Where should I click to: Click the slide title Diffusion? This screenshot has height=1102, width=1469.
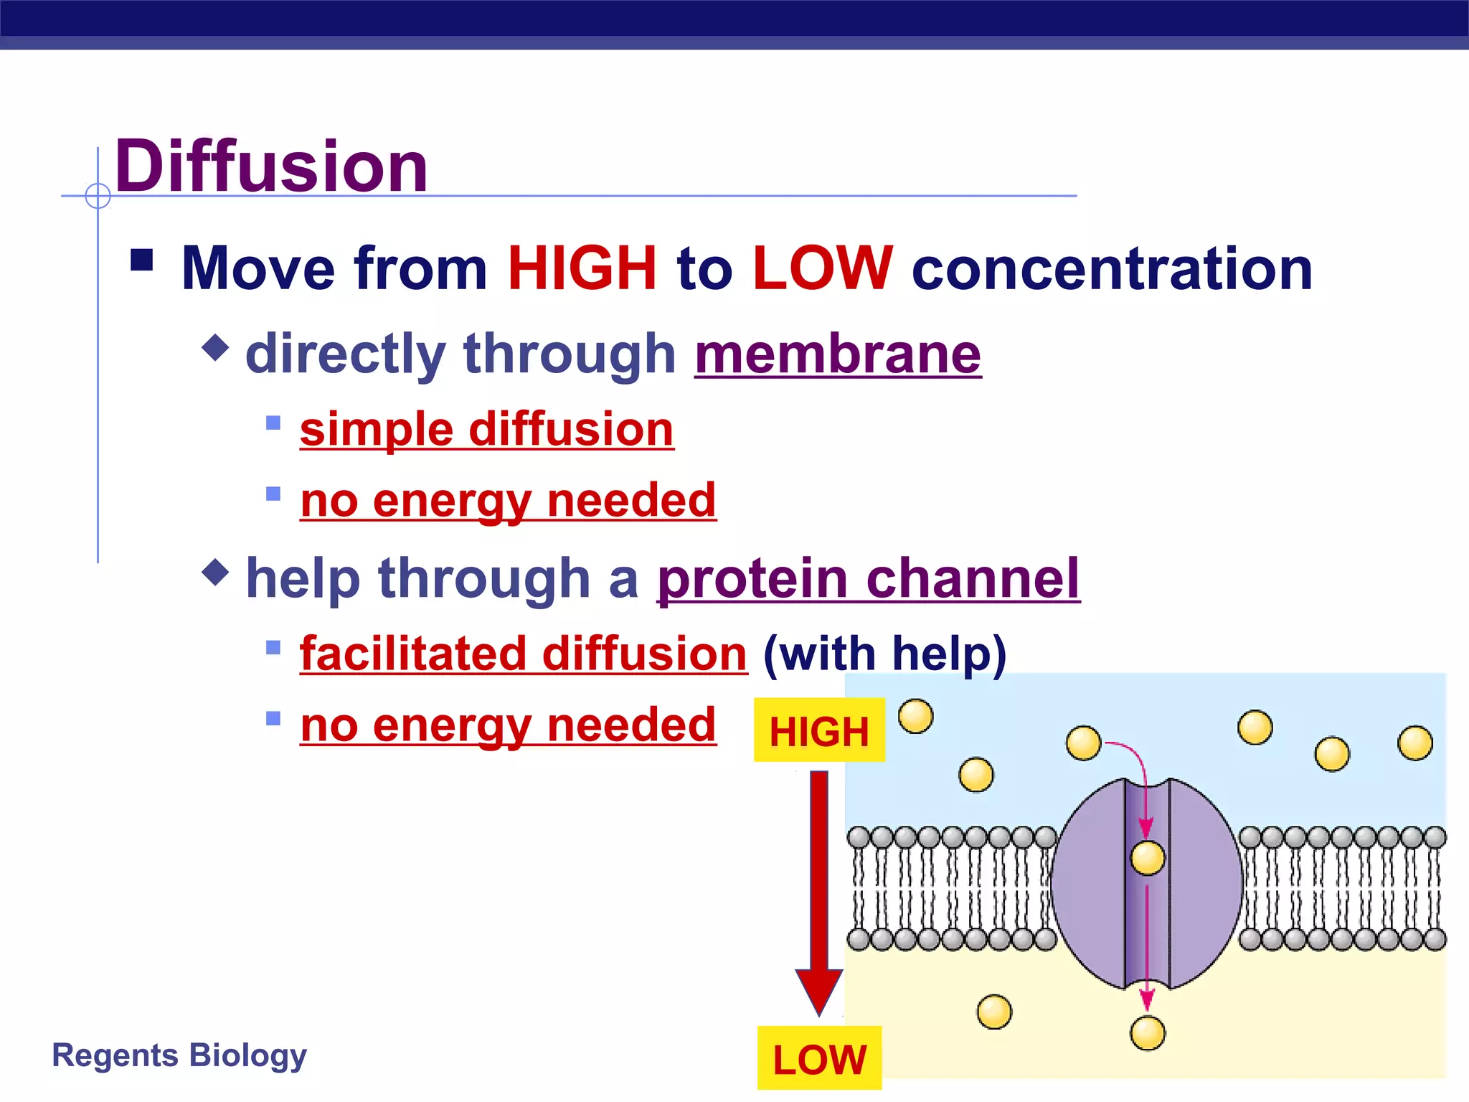[271, 166]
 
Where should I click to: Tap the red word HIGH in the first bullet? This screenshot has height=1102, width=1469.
[582, 268]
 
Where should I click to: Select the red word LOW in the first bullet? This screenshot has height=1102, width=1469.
[823, 268]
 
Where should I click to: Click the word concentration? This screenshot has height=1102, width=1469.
[1112, 268]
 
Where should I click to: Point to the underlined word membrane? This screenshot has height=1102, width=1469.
[838, 354]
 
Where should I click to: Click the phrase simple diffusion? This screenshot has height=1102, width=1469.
[486, 430]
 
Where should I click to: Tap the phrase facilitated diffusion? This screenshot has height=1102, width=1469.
[524, 654]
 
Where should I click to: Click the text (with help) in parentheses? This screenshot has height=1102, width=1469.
[884, 654]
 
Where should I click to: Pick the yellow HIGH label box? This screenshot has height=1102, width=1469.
[819, 730]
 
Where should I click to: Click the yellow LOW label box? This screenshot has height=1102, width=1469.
[819, 1058]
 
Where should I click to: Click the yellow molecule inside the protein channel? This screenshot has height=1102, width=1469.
[1147, 858]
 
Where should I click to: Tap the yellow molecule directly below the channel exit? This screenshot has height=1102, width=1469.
[1147, 1033]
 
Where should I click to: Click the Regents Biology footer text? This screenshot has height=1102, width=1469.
[179, 1055]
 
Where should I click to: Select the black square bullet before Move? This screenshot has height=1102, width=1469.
[142, 260]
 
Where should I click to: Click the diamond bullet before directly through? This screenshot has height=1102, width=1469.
[215, 348]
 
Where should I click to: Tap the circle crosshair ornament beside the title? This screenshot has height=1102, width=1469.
[98, 195]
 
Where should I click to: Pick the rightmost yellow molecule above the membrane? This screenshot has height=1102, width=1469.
[1414, 743]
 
